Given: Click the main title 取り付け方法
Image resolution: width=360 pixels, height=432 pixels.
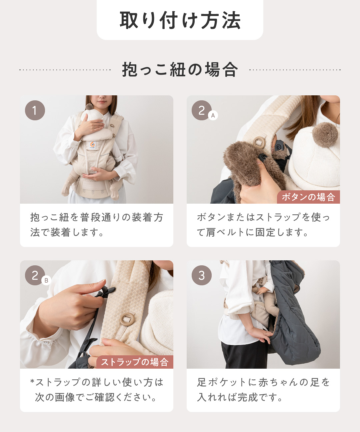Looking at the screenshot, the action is click(x=180, y=20).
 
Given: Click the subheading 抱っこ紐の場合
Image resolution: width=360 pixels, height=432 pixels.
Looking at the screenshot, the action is click(x=180, y=70).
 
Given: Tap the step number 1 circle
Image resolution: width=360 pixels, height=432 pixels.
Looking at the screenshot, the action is click(x=35, y=110).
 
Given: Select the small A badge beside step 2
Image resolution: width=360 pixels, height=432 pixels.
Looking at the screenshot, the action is click(x=213, y=115).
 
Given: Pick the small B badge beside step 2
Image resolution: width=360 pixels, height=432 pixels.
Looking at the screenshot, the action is click(x=46, y=280).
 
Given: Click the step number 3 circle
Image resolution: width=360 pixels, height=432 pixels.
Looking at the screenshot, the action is click(x=202, y=275).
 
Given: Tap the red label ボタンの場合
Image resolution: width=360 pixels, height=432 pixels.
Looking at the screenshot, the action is click(x=308, y=197).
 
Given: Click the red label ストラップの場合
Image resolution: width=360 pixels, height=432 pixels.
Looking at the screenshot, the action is click(x=135, y=362).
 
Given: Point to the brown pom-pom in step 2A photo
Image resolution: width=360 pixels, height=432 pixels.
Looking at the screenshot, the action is click(x=325, y=135).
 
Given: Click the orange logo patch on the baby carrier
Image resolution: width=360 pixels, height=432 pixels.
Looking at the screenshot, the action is click(x=93, y=145).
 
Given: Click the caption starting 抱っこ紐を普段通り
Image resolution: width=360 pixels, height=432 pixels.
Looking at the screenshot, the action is click(x=97, y=225).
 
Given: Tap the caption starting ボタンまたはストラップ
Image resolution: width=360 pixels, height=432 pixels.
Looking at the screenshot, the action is click(x=263, y=225).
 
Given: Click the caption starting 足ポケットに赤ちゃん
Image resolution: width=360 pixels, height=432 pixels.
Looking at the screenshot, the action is click(x=263, y=390).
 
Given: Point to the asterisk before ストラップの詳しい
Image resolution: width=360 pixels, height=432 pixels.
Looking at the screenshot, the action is click(x=32, y=381).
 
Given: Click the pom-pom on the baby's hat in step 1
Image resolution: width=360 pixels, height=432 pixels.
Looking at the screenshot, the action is click(x=89, y=107).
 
